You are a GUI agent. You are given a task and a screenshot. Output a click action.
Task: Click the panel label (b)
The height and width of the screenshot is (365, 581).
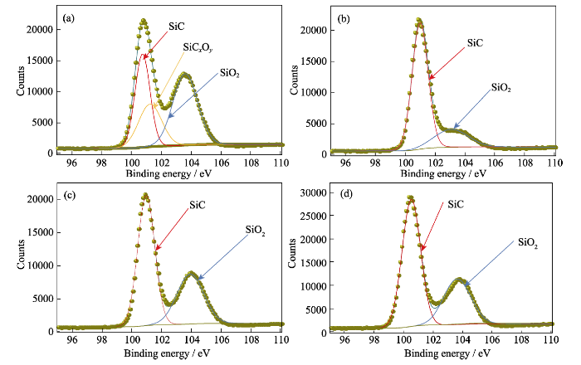coord(342,17)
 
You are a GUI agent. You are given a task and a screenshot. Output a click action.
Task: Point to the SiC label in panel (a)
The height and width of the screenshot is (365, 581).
coord(177,27)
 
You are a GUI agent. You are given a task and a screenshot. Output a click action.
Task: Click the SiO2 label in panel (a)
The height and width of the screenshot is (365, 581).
coord(230,73)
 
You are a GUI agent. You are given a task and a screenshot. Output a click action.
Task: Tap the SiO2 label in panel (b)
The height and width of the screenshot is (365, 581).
coord(501,85)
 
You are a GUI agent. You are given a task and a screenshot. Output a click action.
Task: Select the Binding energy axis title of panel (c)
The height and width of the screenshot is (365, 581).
coord(167,354)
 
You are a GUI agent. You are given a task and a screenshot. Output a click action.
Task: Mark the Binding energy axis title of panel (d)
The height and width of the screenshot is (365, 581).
coord(440,354)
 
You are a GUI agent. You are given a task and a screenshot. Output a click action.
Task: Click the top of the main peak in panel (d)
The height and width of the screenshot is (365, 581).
coord(410,197)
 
